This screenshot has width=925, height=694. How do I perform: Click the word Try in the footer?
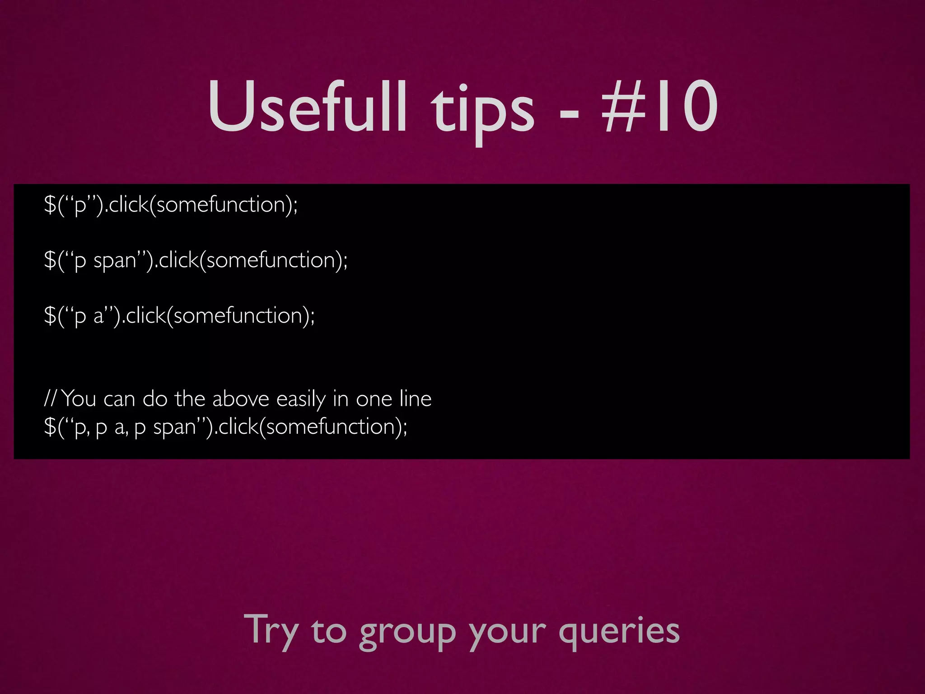pos(271,630)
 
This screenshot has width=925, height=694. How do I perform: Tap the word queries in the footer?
pos(619,633)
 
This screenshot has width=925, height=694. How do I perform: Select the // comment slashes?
pos(50,399)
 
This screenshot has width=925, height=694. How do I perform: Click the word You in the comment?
pos(79,399)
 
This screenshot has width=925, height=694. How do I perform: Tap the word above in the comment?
pos(241,399)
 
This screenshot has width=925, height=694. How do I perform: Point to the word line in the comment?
pos(416,399)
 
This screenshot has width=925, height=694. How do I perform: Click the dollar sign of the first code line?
pos(50,205)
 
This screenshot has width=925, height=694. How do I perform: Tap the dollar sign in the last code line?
pos(50,427)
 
